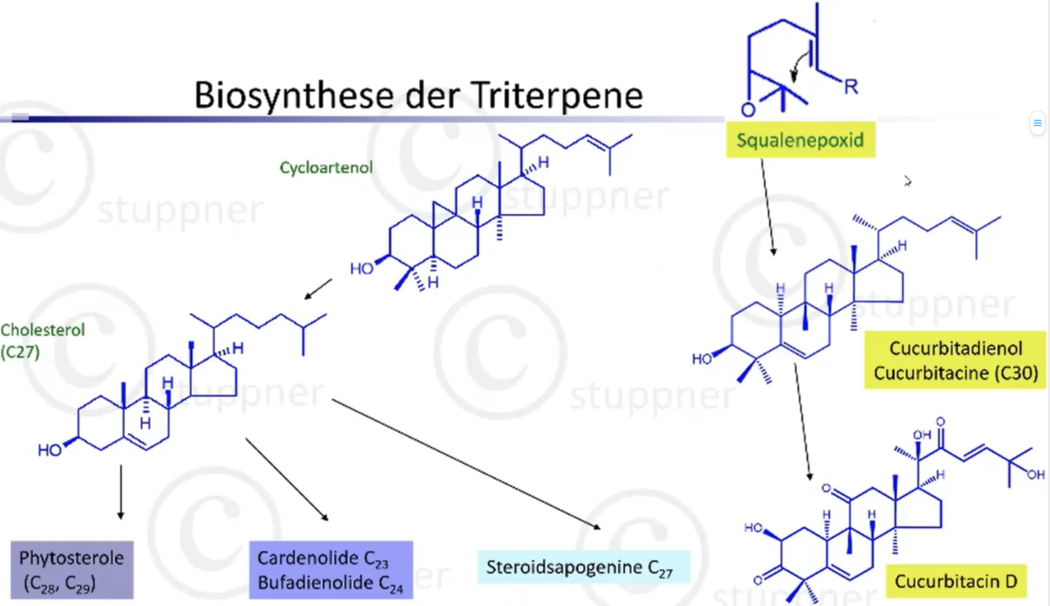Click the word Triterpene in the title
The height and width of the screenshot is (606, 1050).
pyautogui.click(x=558, y=95)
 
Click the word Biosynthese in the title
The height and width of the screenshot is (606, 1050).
pyautogui.click(x=289, y=95)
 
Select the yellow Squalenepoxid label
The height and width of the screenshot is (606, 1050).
pyautogui.click(x=800, y=142)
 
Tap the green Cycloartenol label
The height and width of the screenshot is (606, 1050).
pyautogui.click(x=326, y=168)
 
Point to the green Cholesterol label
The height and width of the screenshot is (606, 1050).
pyautogui.click(x=43, y=331)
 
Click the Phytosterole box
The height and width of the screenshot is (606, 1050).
pyautogui.click(x=72, y=570)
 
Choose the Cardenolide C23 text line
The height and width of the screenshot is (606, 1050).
pyautogui.click(x=323, y=559)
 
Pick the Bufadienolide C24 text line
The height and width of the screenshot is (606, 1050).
pyautogui.click(x=331, y=583)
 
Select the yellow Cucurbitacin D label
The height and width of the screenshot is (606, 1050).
pyautogui.click(x=956, y=582)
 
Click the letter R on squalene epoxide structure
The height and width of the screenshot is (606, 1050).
pyautogui.click(x=851, y=87)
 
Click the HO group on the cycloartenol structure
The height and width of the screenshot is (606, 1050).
pyautogui.click(x=362, y=268)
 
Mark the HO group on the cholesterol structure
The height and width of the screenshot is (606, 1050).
pyautogui.click(x=50, y=450)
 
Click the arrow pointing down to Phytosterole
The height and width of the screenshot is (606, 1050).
pyautogui.click(x=120, y=491)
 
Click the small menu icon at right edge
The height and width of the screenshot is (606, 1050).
pyautogui.click(x=1037, y=123)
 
